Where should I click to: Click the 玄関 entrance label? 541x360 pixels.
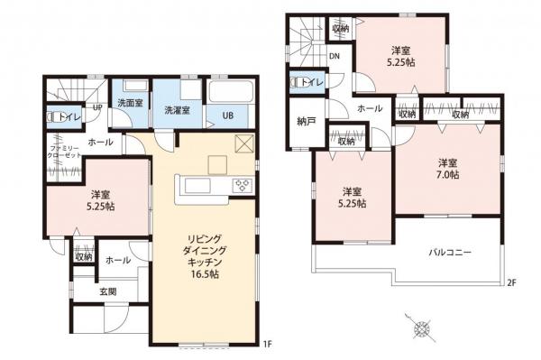tap(108, 291)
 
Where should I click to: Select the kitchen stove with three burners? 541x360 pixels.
tap(242, 186)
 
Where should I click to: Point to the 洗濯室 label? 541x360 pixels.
tap(176, 110)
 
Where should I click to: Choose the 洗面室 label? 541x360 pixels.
tap(129, 103)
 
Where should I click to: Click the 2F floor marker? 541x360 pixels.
tap(509, 282)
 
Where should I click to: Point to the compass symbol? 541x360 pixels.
tap(421, 328)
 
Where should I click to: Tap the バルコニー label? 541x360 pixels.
tap(449, 252)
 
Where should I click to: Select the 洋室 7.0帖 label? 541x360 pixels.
tap(448, 168)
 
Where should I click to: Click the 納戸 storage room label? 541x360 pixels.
tap(306, 120)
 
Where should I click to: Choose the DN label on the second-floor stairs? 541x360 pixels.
tap(333, 57)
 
